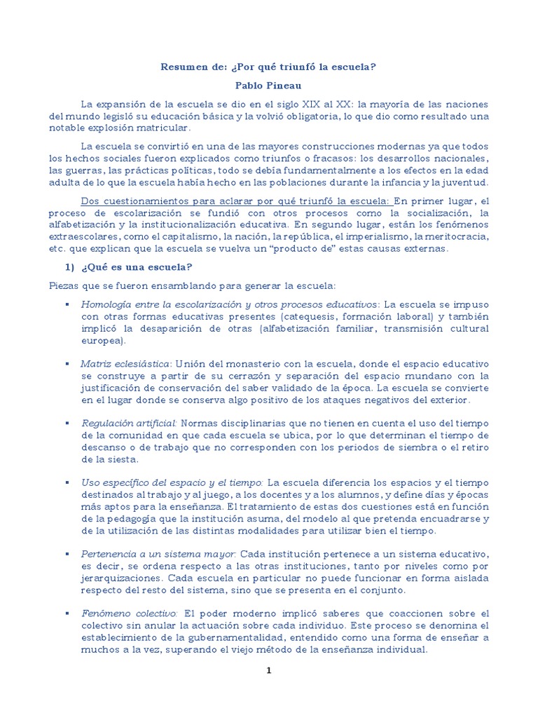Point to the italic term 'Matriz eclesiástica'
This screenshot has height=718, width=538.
pos(125,364)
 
